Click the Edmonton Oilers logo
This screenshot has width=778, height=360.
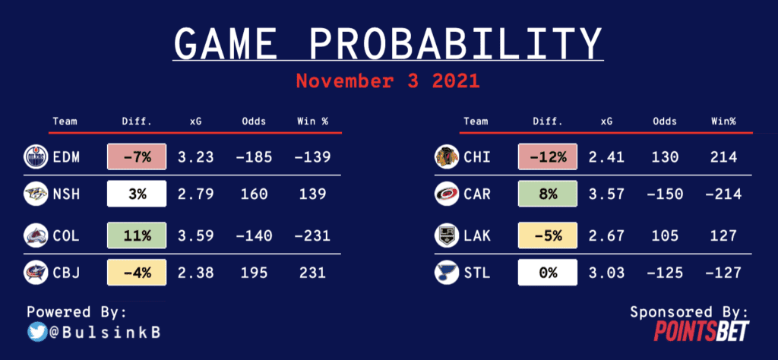coord(36,157)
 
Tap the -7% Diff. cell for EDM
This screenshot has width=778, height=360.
coord(137,157)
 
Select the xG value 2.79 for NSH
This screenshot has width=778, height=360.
coord(195,194)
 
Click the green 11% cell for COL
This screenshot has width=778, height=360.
coord(137,235)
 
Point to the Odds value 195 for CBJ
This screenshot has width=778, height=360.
coord(254,273)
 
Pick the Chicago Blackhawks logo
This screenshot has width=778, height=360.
coord(446,157)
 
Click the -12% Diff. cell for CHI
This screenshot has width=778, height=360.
coord(547,157)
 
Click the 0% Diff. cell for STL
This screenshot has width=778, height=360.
coord(547,273)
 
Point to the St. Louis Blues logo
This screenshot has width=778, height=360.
coord(446,273)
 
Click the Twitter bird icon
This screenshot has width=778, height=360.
coord(36,332)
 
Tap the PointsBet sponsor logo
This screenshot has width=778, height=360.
coord(701,330)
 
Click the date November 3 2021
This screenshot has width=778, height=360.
coord(388,81)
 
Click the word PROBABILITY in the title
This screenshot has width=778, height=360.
coord(457,43)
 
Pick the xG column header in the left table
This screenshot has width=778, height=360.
coord(195,121)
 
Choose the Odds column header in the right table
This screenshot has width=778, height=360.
coord(664,121)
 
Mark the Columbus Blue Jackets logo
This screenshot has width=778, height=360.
coord(36,273)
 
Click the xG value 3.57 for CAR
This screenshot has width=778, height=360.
coord(606,194)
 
